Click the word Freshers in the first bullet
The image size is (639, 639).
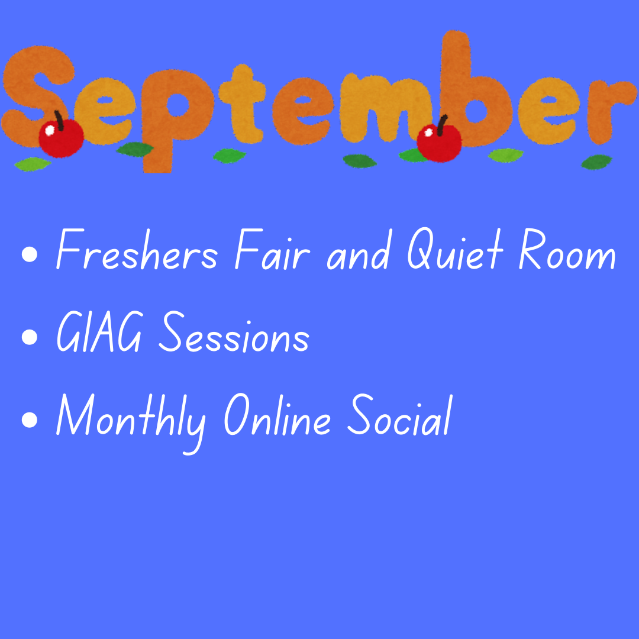tap(137, 249)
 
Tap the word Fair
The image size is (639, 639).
tap(273, 249)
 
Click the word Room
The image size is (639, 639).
tap(567, 249)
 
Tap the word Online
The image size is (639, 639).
tap(277, 414)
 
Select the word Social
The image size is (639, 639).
tap(400, 414)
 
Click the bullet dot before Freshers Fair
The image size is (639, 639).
tap(30, 254)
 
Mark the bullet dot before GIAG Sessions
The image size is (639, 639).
tap(30, 337)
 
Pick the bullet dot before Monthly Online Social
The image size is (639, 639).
tap(30, 419)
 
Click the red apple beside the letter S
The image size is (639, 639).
tap(61, 138)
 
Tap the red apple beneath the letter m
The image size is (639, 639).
tap(439, 143)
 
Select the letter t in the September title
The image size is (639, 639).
tap(242, 104)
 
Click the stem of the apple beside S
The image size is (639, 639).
tap(60, 121)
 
